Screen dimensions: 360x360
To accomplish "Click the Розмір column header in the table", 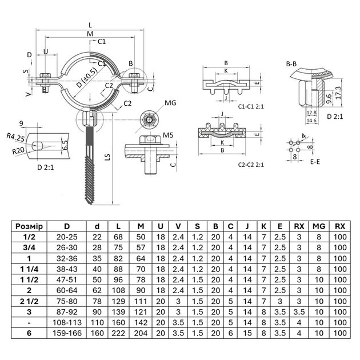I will [32, 226].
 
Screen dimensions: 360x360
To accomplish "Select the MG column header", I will [318, 226].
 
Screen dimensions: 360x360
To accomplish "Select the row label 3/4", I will [32, 247].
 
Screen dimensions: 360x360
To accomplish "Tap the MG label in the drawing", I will [170, 103].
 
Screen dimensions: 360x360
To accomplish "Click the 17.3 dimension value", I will [339, 91].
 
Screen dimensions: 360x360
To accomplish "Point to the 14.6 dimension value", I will [311, 121].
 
